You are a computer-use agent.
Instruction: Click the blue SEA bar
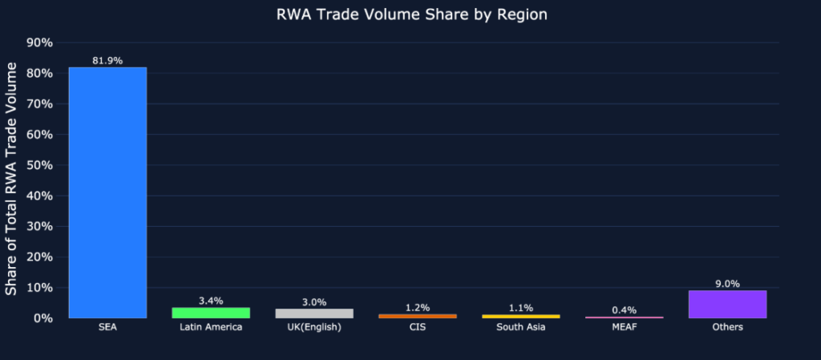(107, 192)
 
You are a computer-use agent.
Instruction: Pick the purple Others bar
(727, 304)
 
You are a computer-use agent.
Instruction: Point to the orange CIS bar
(418, 316)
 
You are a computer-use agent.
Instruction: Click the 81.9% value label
(107, 61)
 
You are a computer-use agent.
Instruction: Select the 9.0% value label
(727, 284)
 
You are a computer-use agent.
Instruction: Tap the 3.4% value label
(211, 301)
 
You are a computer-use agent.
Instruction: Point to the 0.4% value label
(624, 309)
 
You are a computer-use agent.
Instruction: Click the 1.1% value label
(520, 308)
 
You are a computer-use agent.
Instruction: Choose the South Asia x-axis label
(520, 327)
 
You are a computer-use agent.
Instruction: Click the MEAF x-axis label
(624, 327)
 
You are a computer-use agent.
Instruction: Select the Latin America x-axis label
(211, 327)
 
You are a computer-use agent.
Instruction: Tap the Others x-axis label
(727, 327)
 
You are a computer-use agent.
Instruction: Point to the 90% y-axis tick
(41, 42)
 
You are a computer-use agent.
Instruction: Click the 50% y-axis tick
(41, 165)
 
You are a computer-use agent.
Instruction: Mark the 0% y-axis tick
(45, 318)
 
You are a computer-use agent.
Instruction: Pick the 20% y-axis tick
(41, 257)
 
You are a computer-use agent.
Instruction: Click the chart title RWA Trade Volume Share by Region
(410, 14)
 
